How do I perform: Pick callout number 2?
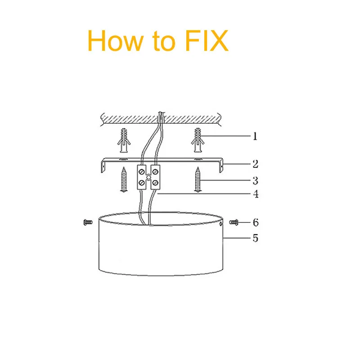point(255,164)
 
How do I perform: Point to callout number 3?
point(255,181)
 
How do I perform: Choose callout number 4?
point(255,194)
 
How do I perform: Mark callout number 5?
point(255,238)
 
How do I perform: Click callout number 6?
point(255,222)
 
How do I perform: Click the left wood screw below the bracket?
point(124,180)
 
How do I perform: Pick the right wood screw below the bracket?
point(198,180)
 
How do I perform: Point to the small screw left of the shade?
point(88,222)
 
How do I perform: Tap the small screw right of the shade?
point(234,222)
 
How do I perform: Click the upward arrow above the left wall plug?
point(124,131)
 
